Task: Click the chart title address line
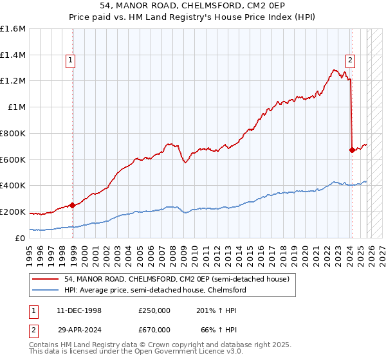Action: [193, 6]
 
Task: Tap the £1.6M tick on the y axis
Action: [13, 29]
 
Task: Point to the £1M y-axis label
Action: [17, 107]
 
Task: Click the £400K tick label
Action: [13, 186]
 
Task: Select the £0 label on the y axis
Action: [21, 238]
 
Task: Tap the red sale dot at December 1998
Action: [73, 206]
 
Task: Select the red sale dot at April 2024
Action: [352, 150]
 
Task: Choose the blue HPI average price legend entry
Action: [155, 290]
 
